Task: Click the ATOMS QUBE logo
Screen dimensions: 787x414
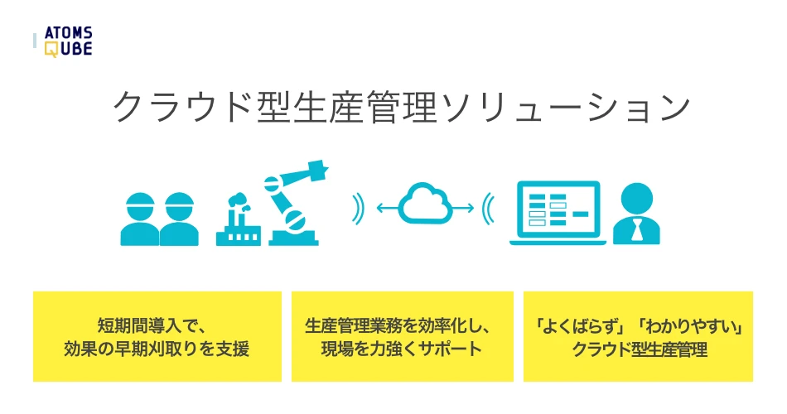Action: tap(68, 41)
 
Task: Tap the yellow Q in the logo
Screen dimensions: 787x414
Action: tap(51, 49)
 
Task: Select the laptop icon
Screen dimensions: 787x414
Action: tap(558, 214)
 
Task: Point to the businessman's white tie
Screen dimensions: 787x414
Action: tap(637, 230)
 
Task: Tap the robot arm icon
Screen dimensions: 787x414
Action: tap(296, 203)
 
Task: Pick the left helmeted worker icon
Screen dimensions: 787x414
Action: tap(141, 219)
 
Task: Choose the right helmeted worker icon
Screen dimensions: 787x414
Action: tap(179, 219)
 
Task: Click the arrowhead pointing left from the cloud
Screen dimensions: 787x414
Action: tap(380, 208)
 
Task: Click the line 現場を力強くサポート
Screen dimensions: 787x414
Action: tap(402, 349)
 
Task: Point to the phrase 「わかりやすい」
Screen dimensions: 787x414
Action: tap(689, 326)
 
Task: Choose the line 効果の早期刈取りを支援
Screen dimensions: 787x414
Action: tap(157, 349)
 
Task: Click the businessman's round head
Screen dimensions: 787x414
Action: tap(637, 200)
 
